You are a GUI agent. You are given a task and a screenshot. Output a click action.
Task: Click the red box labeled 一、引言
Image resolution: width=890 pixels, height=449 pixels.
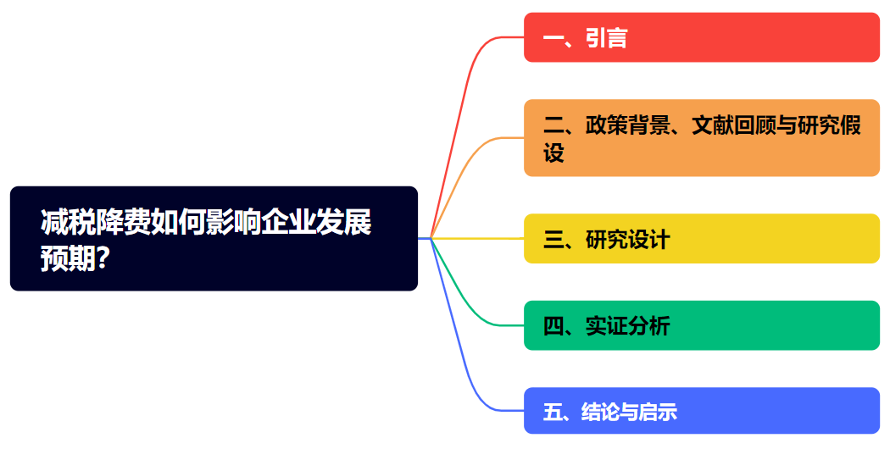(x=702, y=37)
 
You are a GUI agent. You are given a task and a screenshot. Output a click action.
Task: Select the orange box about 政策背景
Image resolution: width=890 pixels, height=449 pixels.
(x=702, y=138)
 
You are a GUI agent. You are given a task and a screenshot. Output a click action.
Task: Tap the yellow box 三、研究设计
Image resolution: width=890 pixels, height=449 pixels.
(x=702, y=238)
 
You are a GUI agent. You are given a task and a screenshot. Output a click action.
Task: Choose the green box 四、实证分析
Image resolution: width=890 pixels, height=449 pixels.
(x=702, y=325)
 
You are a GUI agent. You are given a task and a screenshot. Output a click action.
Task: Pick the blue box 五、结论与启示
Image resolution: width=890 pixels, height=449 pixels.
(x=702, y=411)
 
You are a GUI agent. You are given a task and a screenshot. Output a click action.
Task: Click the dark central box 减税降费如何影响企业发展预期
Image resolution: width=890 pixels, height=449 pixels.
(x=214, y=238)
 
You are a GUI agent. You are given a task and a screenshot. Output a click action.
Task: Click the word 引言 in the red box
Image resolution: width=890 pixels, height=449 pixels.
(x=606, y=38)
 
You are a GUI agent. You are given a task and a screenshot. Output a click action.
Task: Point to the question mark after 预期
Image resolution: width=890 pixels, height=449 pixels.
(x=103, y=258)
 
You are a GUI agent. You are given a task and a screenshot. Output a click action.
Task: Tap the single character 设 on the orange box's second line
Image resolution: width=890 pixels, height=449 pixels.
(x=553, y=152)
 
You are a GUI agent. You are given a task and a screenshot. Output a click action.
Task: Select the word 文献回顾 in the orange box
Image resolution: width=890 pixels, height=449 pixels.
(x=733, y=125)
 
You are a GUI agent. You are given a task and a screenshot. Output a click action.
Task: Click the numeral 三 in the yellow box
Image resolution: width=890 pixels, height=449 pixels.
(x=553, y=240)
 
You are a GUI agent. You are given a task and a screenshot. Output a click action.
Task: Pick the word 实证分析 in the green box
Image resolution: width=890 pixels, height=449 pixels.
(x=627, y=326)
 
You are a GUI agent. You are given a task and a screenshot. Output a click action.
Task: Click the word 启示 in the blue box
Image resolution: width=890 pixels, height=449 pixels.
(x=657, y=412)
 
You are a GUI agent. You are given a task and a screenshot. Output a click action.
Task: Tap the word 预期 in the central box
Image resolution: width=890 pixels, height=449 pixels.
(x=68, y=259)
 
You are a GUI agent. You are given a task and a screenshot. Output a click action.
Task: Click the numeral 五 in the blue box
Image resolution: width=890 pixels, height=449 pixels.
(x=553, y=412)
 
